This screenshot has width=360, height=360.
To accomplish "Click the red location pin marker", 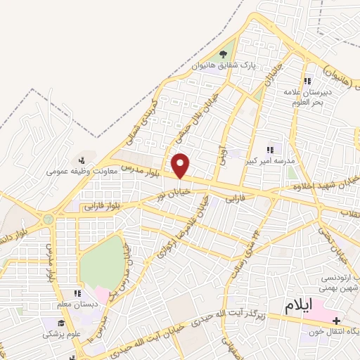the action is coord(181,166).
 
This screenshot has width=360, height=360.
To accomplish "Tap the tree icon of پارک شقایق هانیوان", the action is coord(224,53).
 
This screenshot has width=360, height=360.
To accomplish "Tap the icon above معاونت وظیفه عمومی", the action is coord(82,160).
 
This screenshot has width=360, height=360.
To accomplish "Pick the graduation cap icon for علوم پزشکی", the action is coord(62,323).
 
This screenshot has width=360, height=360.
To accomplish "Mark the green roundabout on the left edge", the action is coord(48,219).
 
